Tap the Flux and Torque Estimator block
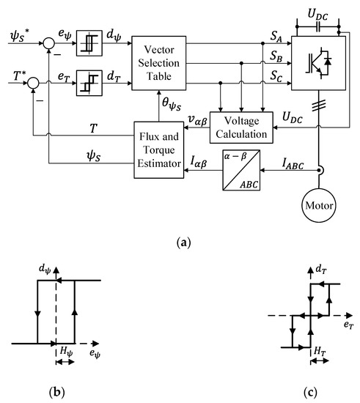click(x=157, y=151)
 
